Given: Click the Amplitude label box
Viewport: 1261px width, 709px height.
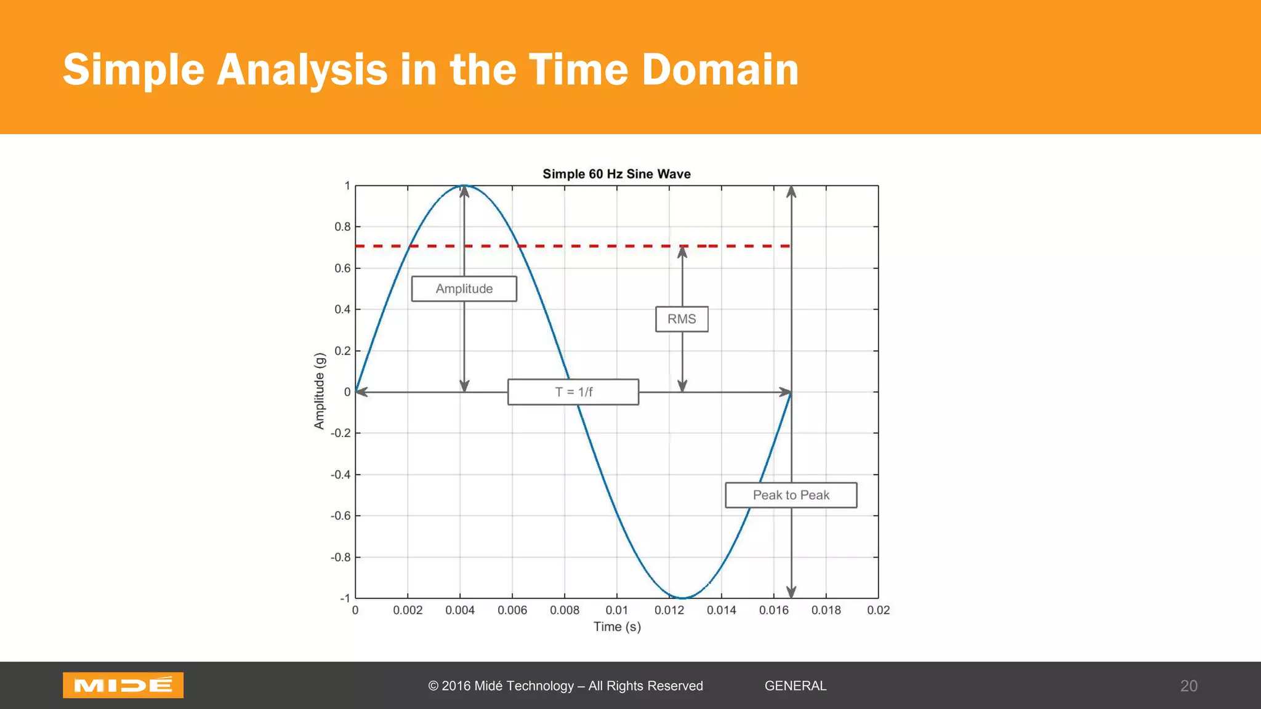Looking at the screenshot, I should [464, 289].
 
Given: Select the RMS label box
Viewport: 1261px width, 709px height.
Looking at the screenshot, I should [682, 319].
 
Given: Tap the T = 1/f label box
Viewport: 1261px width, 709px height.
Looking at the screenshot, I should [573, 392].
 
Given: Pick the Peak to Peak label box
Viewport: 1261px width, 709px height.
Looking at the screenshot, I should [791, 495].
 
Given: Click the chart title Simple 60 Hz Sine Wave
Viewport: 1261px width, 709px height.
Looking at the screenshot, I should [616, 174].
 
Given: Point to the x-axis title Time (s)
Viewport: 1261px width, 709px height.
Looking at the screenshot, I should [617, 627].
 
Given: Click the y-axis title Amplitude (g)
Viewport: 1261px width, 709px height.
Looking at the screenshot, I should [319, 391].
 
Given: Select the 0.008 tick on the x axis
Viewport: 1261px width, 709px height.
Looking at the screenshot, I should [565, 610].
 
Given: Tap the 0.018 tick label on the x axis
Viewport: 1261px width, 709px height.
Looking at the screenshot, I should [826, 610].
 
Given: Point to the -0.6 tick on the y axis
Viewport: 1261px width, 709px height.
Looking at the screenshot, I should [341, 516].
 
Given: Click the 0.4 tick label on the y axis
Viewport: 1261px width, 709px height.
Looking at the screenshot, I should [343, 309].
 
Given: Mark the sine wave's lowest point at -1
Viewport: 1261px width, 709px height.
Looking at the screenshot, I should [682, 598].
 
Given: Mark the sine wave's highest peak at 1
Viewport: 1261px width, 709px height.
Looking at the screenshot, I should [464, 185].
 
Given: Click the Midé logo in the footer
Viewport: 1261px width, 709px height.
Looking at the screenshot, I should [123, 685].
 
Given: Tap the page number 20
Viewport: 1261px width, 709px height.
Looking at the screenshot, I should [1188, 686].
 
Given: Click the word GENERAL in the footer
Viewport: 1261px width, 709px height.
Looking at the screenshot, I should [796, 686].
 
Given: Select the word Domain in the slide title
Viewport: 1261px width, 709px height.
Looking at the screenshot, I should [720, 69].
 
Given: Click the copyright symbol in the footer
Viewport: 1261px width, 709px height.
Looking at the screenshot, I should [433, 686].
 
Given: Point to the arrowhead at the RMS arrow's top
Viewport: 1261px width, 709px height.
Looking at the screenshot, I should [682, 251].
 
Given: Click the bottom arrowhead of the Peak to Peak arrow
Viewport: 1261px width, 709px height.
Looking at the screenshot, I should [791, 592].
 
